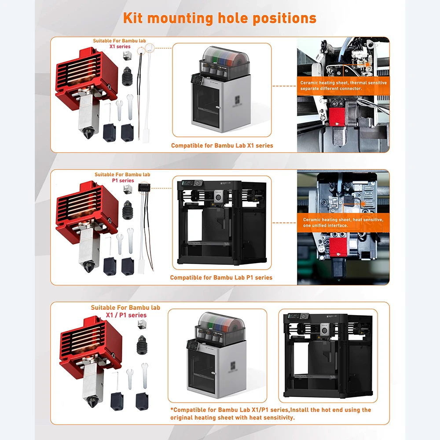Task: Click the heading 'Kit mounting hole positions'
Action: point(220,18)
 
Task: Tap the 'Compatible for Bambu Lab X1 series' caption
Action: point(222,146)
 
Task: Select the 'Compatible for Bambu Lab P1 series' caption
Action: point(221,278)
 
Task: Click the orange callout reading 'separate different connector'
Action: point(331,89)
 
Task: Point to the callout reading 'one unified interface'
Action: point(325,226)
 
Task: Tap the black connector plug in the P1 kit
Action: point(144,187)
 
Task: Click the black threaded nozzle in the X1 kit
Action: point(127,76)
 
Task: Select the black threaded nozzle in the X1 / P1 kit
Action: point(142,345)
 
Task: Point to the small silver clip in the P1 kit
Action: point(128,189)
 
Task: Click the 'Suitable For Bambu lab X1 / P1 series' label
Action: point(125,312)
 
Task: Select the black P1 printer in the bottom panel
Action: point(328,356)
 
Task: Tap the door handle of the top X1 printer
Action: point(217,107)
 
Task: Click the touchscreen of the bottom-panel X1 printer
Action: point(192,345)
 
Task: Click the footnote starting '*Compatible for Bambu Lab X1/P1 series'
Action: point(271,414)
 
